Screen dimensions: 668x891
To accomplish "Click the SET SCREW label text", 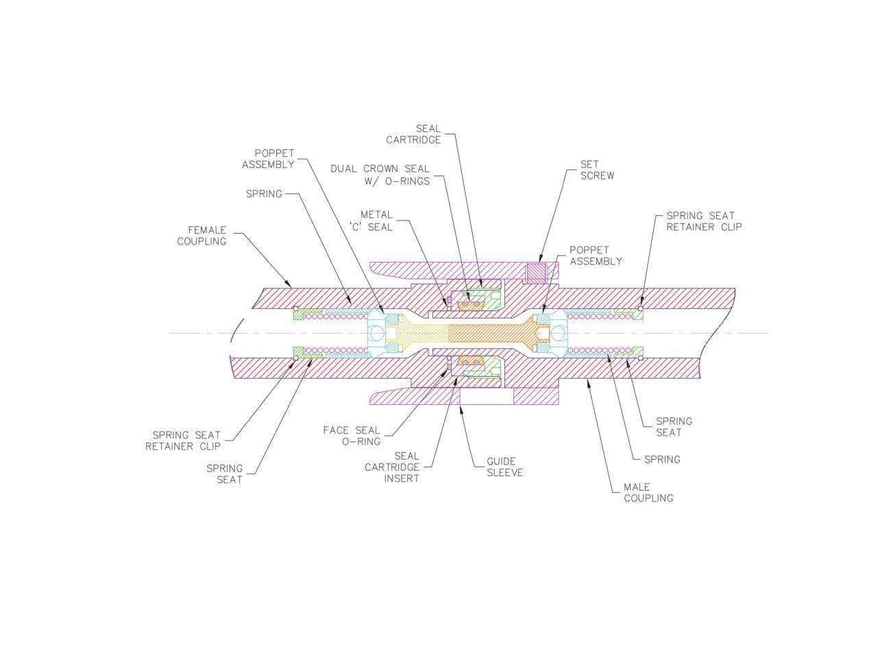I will pos(597,170).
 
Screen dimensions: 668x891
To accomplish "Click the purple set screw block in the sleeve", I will pos(535,273).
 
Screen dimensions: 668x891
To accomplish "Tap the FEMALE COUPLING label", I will pos(202,236).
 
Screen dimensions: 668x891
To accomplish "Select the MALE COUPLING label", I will pos(648,493).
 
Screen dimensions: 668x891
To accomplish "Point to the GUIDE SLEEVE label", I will pos(504,467).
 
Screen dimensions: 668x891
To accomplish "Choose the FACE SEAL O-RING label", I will pos(352,436).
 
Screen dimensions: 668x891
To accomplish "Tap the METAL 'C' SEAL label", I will pos(371,221).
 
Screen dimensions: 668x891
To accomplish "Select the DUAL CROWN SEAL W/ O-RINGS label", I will pos(380,175).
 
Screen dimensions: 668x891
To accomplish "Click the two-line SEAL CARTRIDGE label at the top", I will pos(414,134).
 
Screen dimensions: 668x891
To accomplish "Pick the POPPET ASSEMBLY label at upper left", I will pos(268,159).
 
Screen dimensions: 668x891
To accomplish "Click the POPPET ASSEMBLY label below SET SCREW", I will pos(596,256).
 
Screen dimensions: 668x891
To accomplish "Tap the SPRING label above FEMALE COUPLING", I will pos(264,194).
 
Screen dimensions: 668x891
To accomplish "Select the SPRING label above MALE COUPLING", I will pos(662,459).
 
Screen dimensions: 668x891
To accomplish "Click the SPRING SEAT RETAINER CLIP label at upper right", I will pos(704,221).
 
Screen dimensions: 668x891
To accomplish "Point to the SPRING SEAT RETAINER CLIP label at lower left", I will pos(183,441).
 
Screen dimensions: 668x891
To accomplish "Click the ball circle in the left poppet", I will pos(376,334).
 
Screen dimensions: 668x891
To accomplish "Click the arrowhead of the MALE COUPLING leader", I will pos(588,382).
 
